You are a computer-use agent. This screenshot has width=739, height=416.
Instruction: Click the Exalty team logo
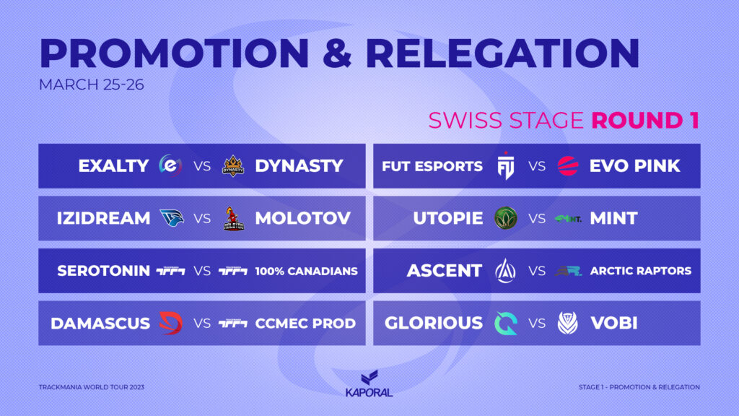[x=170, y=165]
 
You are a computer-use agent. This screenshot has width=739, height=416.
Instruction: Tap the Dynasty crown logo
[x=233, y=166]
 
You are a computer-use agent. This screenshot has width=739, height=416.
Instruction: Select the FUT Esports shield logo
[x=506, y=166]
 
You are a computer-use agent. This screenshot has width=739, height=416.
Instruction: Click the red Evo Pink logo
[x=568, y=166]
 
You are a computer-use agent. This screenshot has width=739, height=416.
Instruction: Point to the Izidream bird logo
[x=172, y=218]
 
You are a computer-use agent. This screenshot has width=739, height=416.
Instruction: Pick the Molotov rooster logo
[x=233, y=218]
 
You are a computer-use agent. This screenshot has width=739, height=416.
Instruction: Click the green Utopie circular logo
[x=506, y=218]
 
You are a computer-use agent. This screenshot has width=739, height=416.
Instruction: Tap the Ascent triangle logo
[x=505, y=271]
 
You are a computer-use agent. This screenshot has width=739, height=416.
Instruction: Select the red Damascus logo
[x=170, y=323]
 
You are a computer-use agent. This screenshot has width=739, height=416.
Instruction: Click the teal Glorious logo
[x=506, y=323]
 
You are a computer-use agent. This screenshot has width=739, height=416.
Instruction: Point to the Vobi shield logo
[x=567, y=323]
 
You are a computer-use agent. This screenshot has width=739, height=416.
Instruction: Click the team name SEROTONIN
[x=103, y=271]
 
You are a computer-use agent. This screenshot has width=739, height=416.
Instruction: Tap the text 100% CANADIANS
[x=306, y=272]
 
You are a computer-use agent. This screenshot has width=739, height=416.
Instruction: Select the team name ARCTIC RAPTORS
[x=641, y=271]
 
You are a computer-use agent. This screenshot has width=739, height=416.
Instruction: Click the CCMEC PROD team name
[x=305, y=323]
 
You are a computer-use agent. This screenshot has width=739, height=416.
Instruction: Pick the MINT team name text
[x=613, y=218]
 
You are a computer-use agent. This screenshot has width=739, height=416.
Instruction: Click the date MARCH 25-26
[x=92, y=84]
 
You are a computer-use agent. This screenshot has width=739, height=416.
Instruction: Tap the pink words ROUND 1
[x=645, y=121]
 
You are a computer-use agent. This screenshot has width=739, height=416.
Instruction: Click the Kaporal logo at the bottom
[x=369, y=383]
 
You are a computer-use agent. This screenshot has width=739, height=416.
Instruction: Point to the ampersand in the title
[x=338, y=53]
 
